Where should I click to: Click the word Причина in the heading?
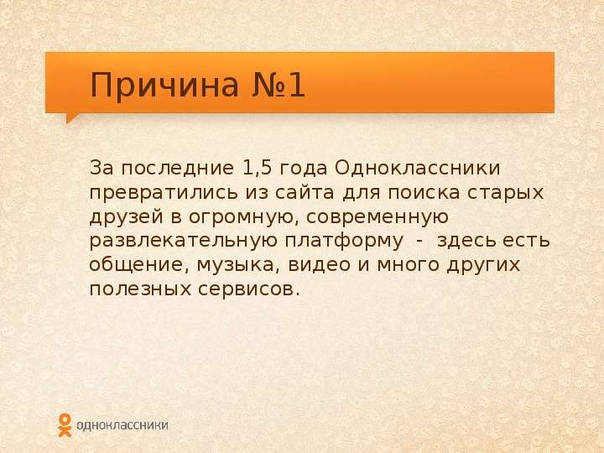tap(164, 86)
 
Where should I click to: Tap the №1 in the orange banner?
tap(279, 85)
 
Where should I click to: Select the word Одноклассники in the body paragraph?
tap(418, 169)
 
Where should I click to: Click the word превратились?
tap(164, 193)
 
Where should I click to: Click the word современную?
tap(377, 217)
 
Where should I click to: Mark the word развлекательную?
tap(184, 242)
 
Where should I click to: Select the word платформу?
tap(344, 242)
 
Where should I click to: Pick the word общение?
tap(139, 265)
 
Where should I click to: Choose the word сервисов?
tap(249, 289)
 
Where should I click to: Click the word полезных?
tap(140, 289)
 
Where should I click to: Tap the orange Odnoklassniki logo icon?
tap(65, 424)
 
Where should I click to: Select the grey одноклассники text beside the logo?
tap(122, 425)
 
